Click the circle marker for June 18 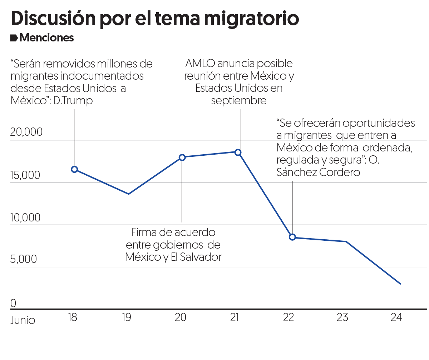click(74, 169)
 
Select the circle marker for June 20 click(182, 157)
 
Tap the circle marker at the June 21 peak click(238, 152)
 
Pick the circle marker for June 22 click(292, 237)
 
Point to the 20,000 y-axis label click(26, 132)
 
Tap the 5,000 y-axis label click(24, 259)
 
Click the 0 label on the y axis click(13, 303)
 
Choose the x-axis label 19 click(127, 317)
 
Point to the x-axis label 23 click(342, 317)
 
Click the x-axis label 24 click(396, 317)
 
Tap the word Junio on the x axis click(23, 320)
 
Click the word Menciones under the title click(47, 38)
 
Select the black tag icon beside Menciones click(14, 38)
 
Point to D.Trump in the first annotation click(73, 101)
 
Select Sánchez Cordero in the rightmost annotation click(318, 172)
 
